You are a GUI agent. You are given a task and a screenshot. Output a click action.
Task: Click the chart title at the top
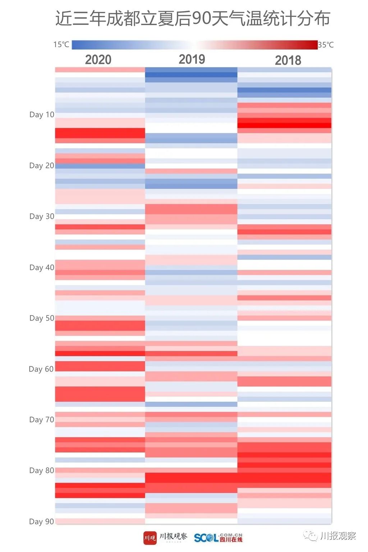(193, 19)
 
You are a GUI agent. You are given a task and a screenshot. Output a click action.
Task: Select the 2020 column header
(98, 60)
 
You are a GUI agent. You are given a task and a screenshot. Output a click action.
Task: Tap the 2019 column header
(192, 59)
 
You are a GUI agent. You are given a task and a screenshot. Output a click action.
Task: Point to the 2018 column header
(288, 60)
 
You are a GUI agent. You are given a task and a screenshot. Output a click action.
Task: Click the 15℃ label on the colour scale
(61, 45)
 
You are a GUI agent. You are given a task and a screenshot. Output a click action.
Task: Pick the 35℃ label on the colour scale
(326, 45)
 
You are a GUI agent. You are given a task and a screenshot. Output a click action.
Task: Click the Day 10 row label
(42, 115)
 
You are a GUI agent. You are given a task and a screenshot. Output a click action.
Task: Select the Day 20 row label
(42, 166)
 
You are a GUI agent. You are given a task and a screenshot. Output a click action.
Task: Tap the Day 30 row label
(42, 216)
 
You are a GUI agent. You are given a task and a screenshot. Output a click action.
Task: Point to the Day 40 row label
(42, 267)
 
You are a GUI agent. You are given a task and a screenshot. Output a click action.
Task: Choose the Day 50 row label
(42, 318)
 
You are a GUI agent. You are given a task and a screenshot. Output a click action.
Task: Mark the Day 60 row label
(41, 369)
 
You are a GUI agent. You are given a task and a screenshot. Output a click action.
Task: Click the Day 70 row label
(42, 420)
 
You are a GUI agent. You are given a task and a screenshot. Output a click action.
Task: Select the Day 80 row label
(42, 470)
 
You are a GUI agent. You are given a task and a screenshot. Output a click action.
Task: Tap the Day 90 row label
(42, 521)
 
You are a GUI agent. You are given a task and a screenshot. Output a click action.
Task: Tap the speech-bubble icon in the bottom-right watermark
(310, 536)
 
